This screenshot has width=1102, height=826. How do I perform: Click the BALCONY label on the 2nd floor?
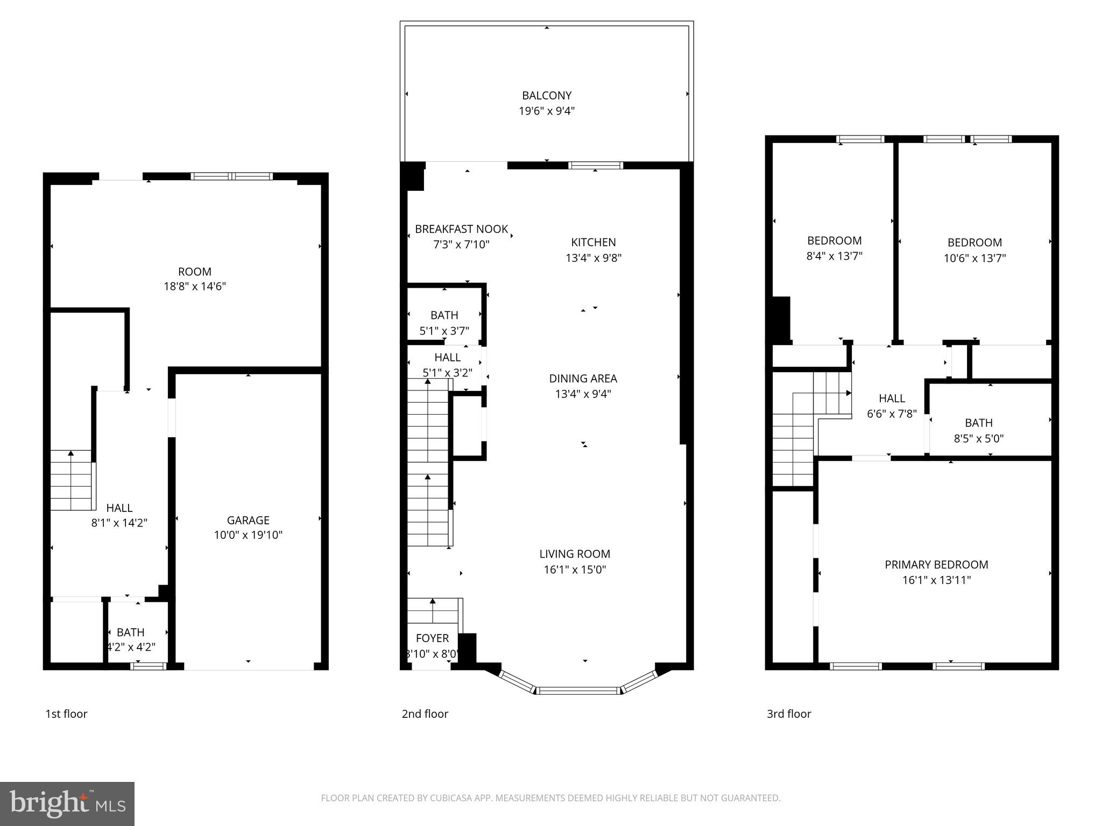pyautogui.click(x=546, y=96)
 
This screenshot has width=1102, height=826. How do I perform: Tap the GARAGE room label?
pyautogui.click(x=248, y=520)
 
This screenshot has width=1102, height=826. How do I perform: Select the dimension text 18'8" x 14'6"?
pyautogui.click(x=195, y=287)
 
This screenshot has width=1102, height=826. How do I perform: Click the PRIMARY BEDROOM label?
pyautogui.click(x=936, y=565)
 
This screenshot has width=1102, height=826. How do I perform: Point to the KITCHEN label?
pyautogui.click(x=594, y=243)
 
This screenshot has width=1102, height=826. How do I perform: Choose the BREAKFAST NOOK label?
pyautogui.click(x=461, y=229)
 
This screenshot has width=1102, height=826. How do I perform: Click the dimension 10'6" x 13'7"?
pyautogui.click(x=974, y=258)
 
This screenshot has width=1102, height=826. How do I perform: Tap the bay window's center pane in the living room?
pyautogui.click(x=579, y=690)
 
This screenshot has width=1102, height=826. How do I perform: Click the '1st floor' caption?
pyautogui.click(x=66, y=714)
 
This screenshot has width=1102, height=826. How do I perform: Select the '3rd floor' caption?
pyautogui.click(x=789, y=714)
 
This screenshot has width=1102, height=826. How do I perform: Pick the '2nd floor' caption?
pyautogui.click(x=425, y=714)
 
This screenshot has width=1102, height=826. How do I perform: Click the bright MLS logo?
pyautogui.click(x=67, y=803)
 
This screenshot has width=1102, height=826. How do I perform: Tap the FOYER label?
pyautogui.click(x=432, y=638)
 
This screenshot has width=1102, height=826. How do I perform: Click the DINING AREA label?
pyautogui.click(x=583, y=379)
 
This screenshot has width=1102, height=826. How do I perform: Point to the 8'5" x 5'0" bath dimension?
pyautogui.click(x=978, y=439)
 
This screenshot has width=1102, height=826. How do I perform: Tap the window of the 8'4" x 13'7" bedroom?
pyautogui.click(x=860, y=139)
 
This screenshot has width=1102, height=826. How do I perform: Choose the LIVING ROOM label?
pyautogui.click(x=575, y=554)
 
